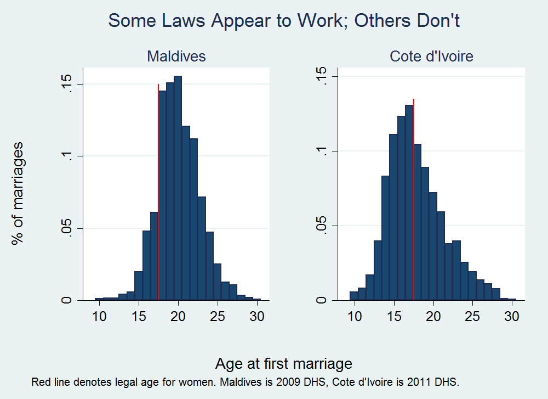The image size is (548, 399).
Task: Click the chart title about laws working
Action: click(283, 21)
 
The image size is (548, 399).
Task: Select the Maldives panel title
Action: click(176, 56)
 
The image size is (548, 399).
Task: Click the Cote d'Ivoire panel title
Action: click(431, 56)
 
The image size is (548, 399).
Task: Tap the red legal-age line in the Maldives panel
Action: click(158, 192)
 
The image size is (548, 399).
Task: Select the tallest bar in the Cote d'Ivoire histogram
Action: click(409, 203)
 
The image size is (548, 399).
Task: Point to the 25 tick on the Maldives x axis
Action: click(218, 316)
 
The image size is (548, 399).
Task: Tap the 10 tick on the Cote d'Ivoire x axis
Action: click(355, 316)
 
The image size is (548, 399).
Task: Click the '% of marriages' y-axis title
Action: click(18, 193)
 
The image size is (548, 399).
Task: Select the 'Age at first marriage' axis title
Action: click(283, 363)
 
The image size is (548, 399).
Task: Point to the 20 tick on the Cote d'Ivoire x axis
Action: click(433, 316)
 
